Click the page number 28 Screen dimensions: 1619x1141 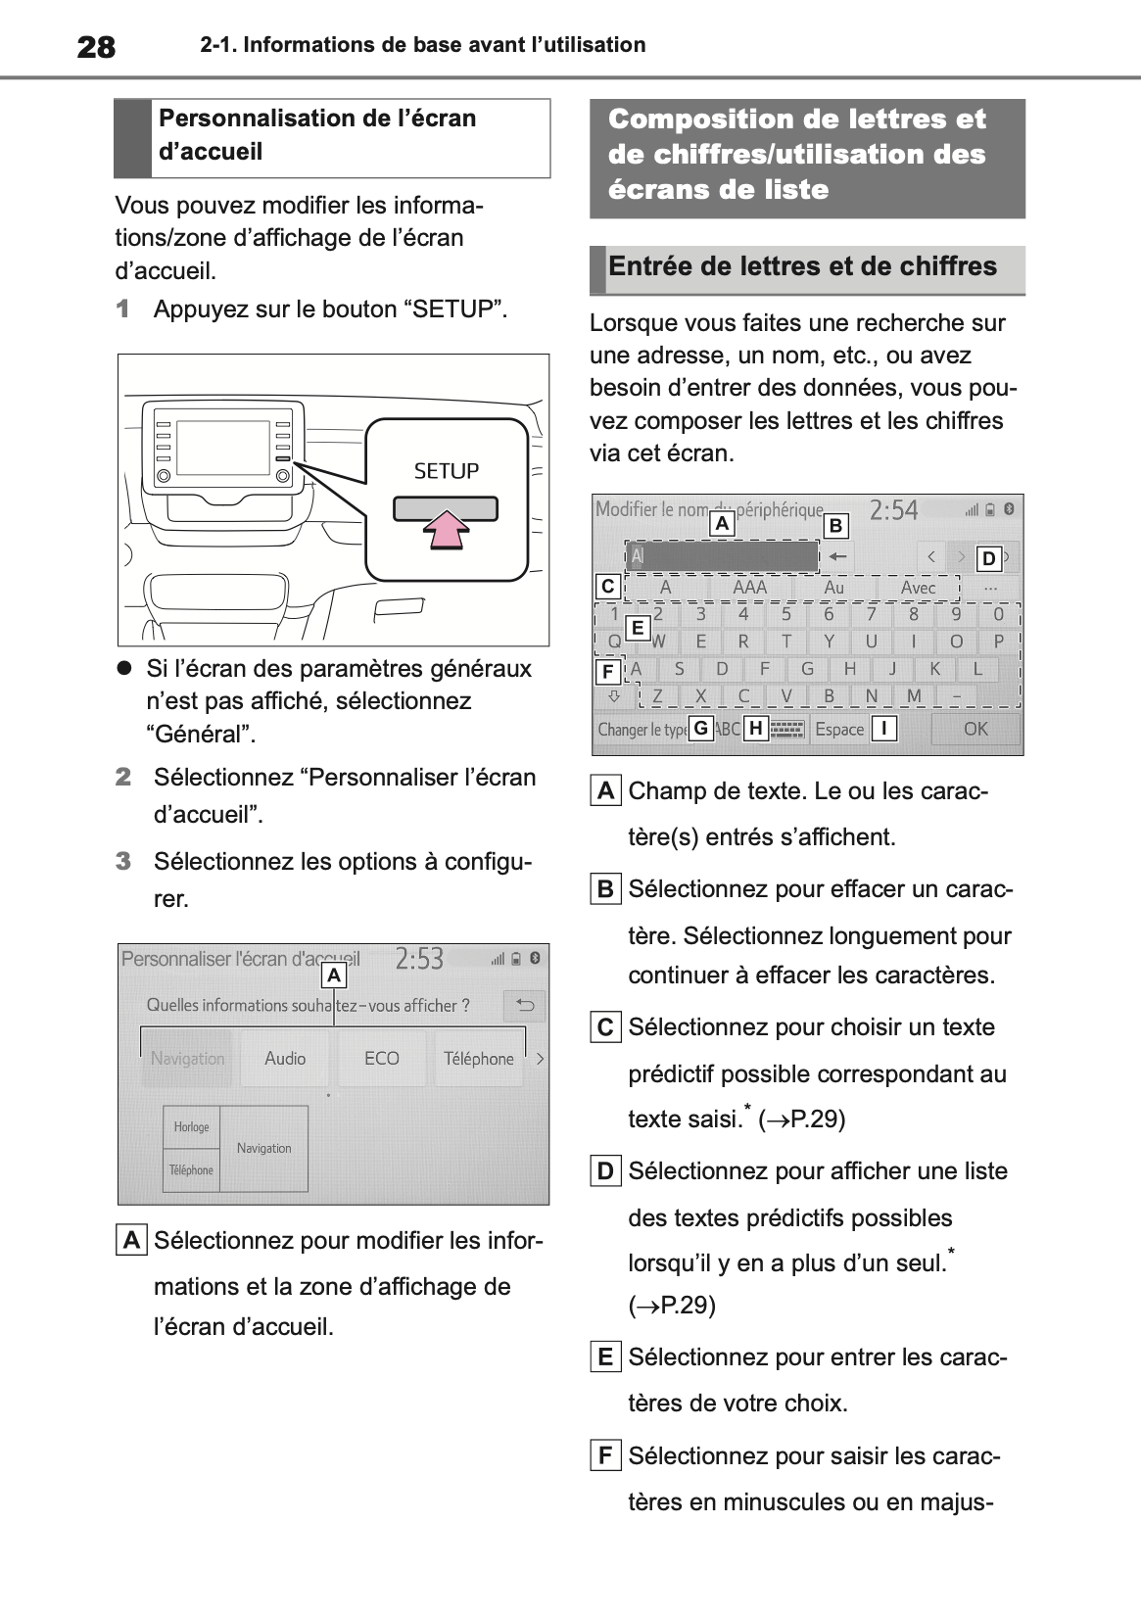coord(96,46)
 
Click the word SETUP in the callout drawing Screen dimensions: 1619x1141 coord(447,471)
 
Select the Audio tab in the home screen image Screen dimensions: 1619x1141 coord(285,1059)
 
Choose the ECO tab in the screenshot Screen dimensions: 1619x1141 coord(382,1059)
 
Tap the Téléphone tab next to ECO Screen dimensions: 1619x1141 coord(478,1059)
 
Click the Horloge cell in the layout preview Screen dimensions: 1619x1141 coord(192,1127)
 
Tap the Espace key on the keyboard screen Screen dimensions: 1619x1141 coord(839,729)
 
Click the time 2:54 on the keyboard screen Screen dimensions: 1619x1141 coord(893,510)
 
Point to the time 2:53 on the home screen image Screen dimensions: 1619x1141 coord(419,959)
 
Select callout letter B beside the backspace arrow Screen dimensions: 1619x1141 coord(835,526)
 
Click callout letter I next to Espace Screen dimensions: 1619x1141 coord(883,729)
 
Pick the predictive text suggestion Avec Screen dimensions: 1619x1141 coord(918,588)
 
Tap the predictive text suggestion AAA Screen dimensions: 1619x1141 coord(749,588)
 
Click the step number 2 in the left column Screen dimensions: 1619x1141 coord(123,778)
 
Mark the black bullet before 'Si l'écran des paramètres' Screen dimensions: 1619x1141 coord(124,668)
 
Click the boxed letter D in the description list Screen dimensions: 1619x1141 coord(605,1171)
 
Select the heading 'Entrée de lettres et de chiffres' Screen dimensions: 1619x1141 coord(802,266)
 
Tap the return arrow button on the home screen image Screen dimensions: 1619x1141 coord(525,1006)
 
